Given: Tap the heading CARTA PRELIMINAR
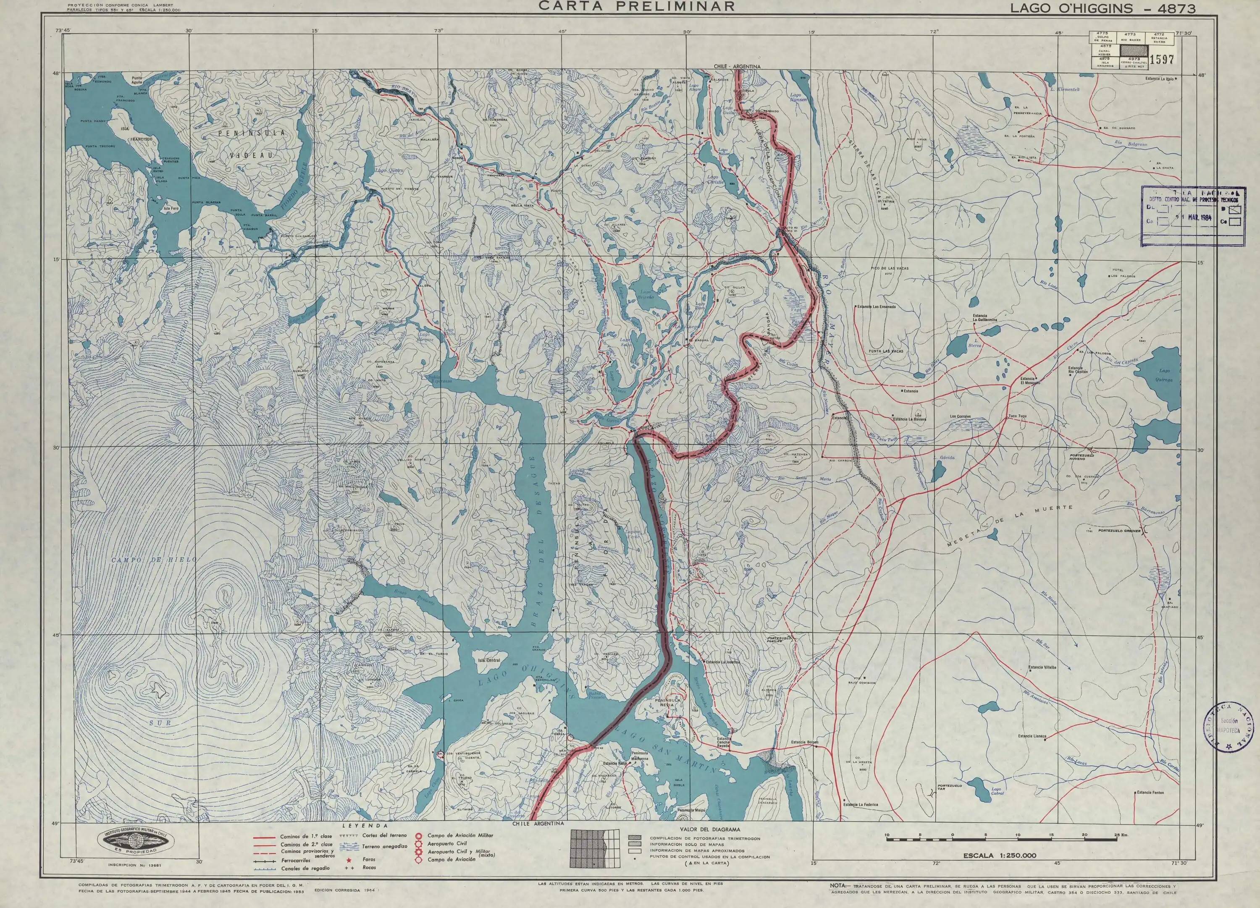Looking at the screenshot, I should click(x=637, y=6).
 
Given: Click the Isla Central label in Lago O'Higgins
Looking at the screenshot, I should click(x=489, y=661).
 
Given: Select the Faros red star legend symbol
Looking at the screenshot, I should click(x=349, y=860).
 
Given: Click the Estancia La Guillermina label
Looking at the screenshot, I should click(x=985, y=318).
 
